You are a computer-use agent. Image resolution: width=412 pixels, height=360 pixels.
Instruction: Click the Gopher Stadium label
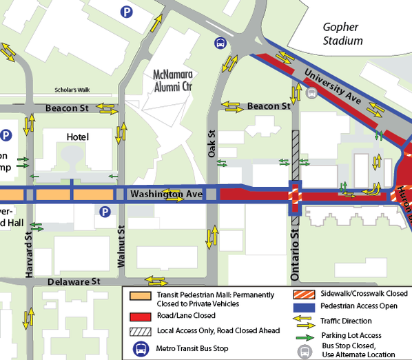pos(342,34)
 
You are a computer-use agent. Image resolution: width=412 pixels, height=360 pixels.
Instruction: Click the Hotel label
pos(78,137)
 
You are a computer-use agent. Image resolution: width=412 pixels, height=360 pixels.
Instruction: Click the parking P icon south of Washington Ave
pos(105,211)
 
